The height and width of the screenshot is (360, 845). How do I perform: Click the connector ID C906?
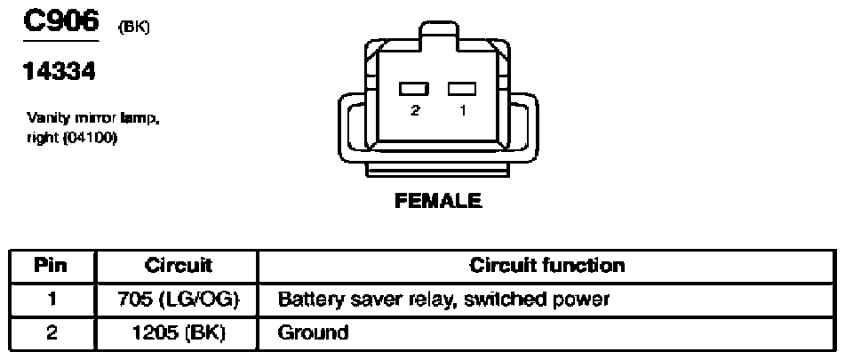[61, 21]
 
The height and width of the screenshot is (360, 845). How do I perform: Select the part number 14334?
[60, 71]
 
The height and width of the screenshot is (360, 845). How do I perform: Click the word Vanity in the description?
[44, 118]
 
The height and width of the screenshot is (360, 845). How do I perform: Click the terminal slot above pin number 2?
[414, 89]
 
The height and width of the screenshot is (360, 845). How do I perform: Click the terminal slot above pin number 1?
[462, 89]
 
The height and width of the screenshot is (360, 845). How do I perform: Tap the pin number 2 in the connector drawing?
[415, 110]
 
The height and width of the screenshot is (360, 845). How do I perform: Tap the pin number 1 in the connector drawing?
[463, 110]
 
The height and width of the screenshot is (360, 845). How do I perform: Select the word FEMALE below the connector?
[438, 201]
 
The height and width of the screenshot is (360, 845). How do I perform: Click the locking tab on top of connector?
[439, 36]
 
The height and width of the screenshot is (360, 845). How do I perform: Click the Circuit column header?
[178, 266]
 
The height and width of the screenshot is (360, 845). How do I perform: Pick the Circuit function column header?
[547, 266]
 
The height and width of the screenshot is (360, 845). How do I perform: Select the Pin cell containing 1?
[52, 300]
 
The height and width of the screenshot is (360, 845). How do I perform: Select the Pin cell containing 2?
[52, 332]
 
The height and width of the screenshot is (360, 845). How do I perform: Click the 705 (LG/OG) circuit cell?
[178, 300]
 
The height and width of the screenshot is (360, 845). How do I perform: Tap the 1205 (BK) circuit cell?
[178, 332]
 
